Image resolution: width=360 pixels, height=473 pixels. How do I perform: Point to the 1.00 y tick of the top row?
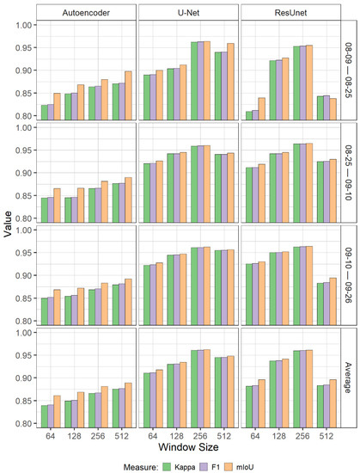pos(21,24)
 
